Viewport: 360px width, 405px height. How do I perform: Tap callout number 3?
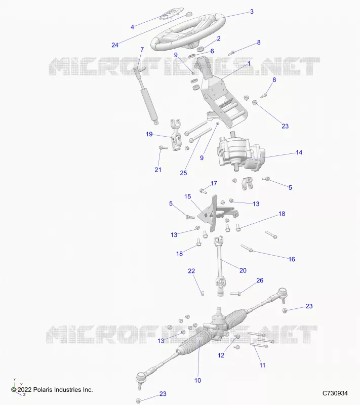[252, 12]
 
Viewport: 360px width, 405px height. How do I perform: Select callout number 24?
[115, 45]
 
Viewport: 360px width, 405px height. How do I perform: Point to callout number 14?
[299, 152]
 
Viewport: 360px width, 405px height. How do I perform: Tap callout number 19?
[149, 134]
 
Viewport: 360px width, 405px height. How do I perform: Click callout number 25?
[183, 173]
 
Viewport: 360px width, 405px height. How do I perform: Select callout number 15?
[188, 196]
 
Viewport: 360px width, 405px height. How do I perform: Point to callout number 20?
[243, 270]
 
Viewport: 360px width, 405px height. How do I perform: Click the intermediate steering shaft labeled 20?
[220, 266]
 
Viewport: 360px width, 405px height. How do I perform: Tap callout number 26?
[260, 280]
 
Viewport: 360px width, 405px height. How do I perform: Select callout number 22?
[191, 271]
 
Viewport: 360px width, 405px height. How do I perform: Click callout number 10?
[197, 381]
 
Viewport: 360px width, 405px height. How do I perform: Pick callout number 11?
[262, 365]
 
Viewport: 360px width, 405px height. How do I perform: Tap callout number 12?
[221, 355]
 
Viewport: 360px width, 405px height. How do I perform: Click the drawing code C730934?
[335, 393]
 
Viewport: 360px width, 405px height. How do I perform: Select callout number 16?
[292, 259]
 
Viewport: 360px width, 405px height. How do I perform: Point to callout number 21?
[158, 170]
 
